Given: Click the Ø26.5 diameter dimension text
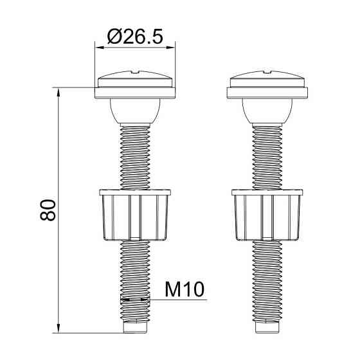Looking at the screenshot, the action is tap(135, 37).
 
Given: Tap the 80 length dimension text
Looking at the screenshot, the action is tap(48, 210).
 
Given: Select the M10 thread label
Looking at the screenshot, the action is tap(184, 289).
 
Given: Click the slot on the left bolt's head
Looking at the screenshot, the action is tap(135, 72).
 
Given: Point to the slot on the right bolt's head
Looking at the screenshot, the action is tap(267, 72).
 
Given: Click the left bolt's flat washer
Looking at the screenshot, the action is tap(135, 93).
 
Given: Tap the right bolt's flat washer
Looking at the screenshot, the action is tap(267, 93).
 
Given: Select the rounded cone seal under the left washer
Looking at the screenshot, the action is tap(135, 111).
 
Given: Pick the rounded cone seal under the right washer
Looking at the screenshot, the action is tap(267, 111).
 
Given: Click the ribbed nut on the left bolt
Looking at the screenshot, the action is tap(135, 215).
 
